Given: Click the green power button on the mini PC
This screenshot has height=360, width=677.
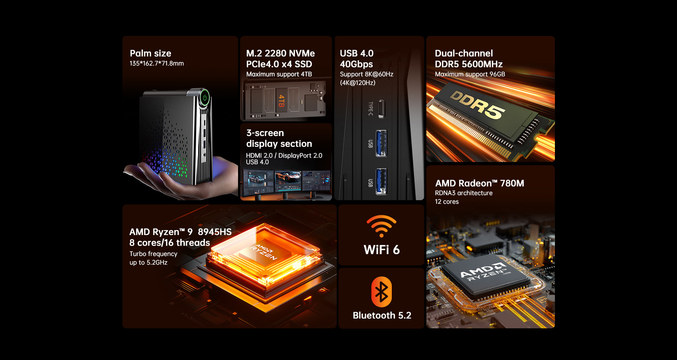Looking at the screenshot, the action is pyautogui.click(x=205, y=97).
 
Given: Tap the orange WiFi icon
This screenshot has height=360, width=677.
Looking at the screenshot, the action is pyautogui.click(x=381, y=226).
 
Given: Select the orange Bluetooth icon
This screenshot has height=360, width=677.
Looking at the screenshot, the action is pyautogui.click(x=381, y=292).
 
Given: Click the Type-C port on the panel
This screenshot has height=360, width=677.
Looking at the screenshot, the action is pyautogui.click(x=381, y=109).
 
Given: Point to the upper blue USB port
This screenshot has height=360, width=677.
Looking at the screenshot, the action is pyautogui.click(x=381, y=143).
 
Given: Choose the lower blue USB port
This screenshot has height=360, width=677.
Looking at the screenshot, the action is pyautogui.click(x=381, y=181).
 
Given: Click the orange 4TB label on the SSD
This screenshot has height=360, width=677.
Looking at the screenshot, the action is pyautogui.click(x=282, y=101).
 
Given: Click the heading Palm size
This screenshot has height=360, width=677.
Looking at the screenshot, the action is pyautogui.click(x=151, y=53).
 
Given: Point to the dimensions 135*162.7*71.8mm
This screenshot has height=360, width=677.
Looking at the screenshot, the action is pyautogui.click(x=157, y=63).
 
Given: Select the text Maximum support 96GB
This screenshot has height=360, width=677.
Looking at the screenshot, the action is pyautogui.click(x=470, y=74).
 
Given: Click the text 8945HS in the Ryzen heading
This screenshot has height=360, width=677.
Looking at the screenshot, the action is pyautogui.click(x=215, y=232).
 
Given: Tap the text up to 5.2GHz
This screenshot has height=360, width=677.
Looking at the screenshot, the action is pyautogui.click(x=148, y=262).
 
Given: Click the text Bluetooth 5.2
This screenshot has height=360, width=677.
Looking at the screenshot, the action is pyautogui.click(x=382, y=315).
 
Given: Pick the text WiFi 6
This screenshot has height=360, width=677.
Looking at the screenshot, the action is pyautogui.click(x=382, y=250).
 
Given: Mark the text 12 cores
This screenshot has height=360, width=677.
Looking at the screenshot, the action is pyautogui.click(x=447, y=202).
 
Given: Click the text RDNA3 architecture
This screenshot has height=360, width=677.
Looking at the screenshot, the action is pyautogui.click(x=464, y=193).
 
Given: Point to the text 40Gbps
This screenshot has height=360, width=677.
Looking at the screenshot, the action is pyautogui.click(x=357, y=64).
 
